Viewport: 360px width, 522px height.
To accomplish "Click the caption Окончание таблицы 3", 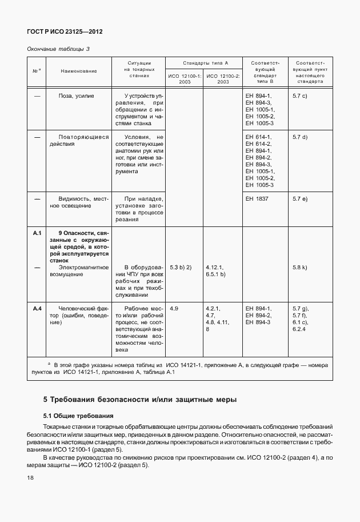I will pos(58,49).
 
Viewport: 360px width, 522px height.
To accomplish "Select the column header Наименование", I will pos(78,71).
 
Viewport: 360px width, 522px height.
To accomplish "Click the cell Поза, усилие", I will pos(76,95).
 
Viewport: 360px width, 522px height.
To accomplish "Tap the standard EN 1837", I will pos(257,198).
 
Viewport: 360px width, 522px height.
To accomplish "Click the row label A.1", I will pos(37,233).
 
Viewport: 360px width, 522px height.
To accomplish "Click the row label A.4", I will pos(37,308).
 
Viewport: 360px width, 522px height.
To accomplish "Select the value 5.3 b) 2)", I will pos(181,267).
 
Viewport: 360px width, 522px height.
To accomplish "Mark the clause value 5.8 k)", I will pos(299,267).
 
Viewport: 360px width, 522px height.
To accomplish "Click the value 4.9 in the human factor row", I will pos(174,308).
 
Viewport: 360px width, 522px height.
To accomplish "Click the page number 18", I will pos(30,477).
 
